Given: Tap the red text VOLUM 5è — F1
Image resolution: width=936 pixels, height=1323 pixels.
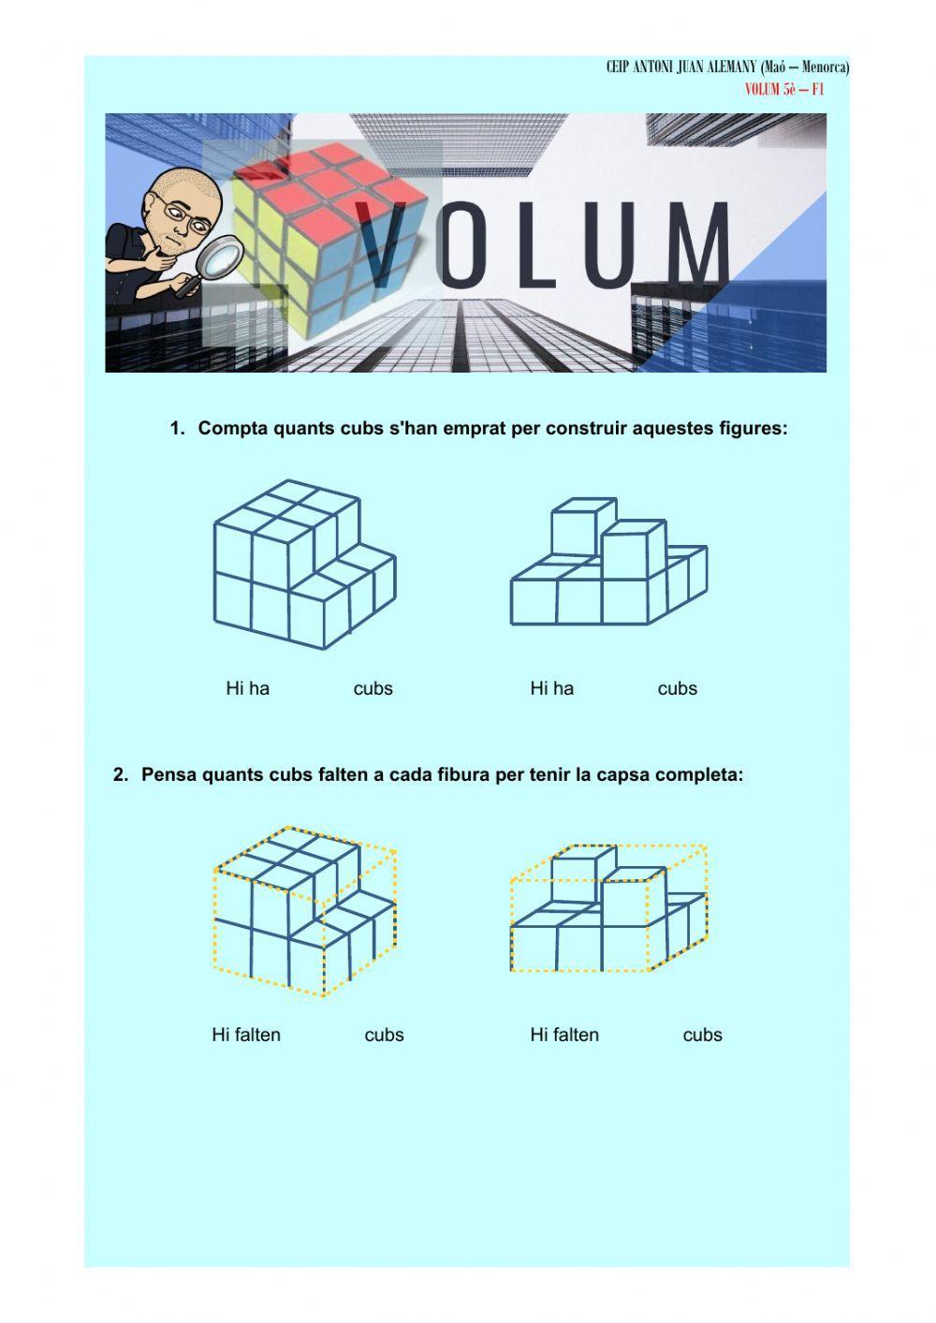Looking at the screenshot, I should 783,89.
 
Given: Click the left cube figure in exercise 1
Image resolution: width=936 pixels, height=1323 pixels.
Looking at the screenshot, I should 304,566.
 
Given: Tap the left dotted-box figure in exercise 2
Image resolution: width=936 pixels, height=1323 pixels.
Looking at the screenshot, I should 304,912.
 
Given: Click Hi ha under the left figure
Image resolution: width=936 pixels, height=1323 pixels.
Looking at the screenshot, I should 247,689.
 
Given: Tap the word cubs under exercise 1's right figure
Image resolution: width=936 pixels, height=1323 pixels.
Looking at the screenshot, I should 677,689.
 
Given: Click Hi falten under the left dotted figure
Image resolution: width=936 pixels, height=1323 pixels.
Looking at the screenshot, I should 246,1036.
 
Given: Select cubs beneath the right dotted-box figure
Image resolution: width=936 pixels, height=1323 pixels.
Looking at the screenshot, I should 702,1036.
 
